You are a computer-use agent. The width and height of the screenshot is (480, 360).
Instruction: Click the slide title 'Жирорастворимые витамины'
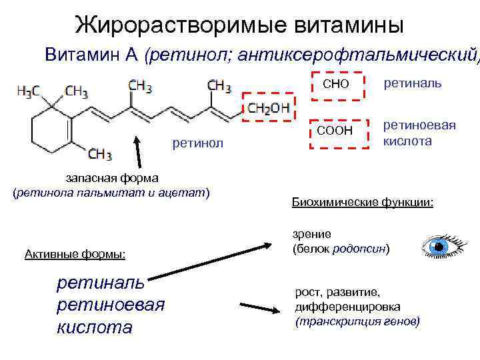tap(239, 25)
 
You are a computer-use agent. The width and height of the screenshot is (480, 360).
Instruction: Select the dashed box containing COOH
tap(338, 131)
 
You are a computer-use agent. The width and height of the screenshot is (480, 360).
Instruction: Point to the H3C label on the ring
tap(29, 91)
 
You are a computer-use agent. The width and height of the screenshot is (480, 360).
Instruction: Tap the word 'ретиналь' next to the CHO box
tap(411, 83)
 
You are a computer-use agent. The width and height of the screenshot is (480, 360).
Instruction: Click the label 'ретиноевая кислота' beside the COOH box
tap(419, 133)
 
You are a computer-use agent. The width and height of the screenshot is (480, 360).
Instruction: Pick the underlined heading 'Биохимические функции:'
tap(362, 201)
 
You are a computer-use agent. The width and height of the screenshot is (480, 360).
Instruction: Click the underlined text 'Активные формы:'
tap(75, 253)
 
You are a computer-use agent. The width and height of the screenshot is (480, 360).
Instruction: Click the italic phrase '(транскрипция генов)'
tap(357, 321)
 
